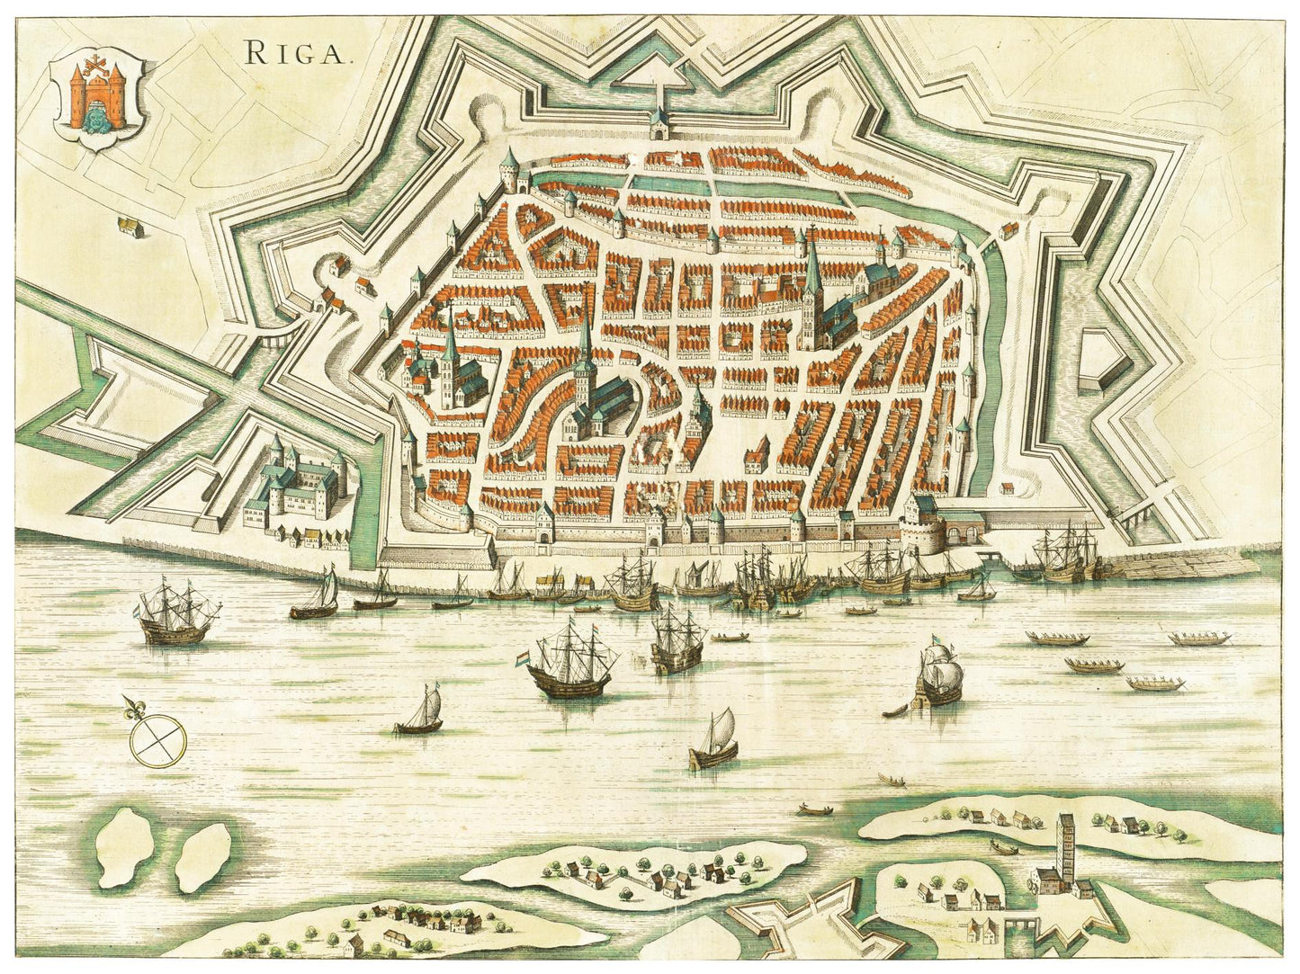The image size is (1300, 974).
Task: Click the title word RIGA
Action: click(x=296, y=53)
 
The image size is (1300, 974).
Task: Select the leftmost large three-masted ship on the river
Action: click(x=177, y=616)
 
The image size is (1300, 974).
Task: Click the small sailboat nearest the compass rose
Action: click(x=420, y=711)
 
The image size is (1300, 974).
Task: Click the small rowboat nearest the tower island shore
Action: click(x=1002, y=847)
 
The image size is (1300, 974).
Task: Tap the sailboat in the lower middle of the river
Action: click(x=715, y=740)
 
